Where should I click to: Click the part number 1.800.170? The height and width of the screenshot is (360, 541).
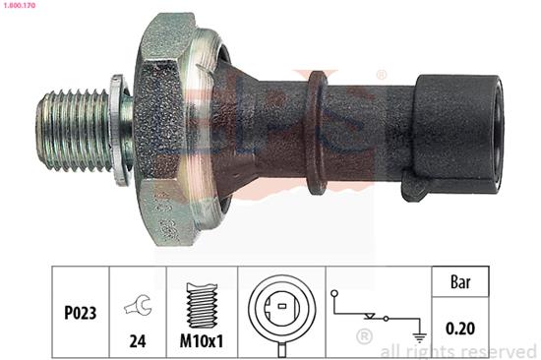point(19,6)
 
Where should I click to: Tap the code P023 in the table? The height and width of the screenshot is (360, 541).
point(80,313)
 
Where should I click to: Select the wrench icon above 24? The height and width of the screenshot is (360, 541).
point(138,305)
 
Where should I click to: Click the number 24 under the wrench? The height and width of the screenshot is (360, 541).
point(138,341)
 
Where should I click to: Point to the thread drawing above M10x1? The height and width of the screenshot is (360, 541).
point(202,306)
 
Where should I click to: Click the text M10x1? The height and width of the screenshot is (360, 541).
point(202,341)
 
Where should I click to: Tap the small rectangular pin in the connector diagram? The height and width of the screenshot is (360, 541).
point(282,306)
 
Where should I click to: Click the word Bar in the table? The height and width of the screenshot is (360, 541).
point(460,282)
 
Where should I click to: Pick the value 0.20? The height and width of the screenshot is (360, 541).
point(460,328)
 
